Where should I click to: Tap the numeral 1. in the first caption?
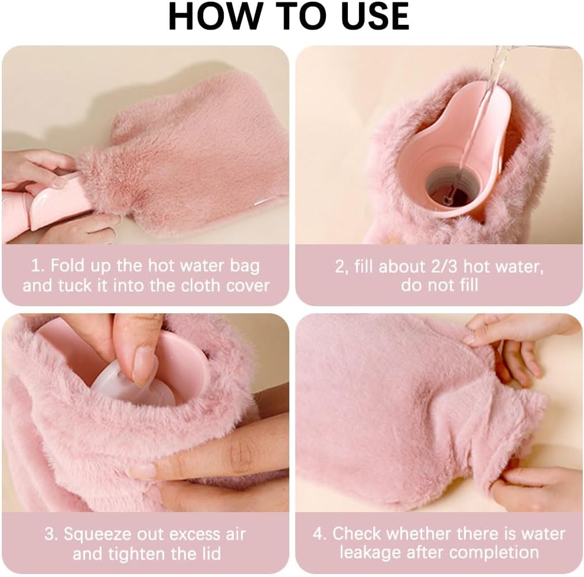[37, 265]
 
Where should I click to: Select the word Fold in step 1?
[68, 265]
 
